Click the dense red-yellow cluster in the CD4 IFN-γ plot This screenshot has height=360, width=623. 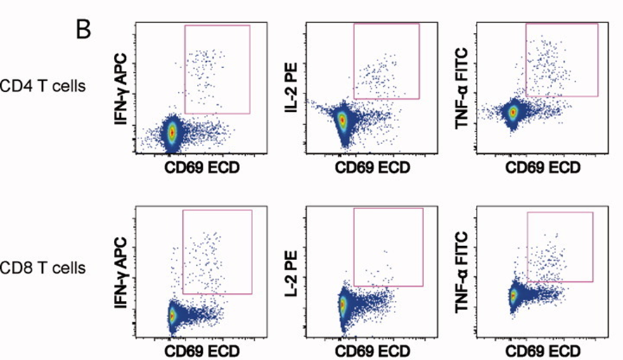coord(172,131)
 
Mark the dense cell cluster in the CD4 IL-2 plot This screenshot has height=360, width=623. coord(342,120)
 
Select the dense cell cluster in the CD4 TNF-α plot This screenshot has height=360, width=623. coord(513,111)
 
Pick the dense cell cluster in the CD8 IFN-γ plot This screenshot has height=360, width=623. coord(171,315)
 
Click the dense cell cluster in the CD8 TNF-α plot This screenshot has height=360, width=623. coord(513,296)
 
